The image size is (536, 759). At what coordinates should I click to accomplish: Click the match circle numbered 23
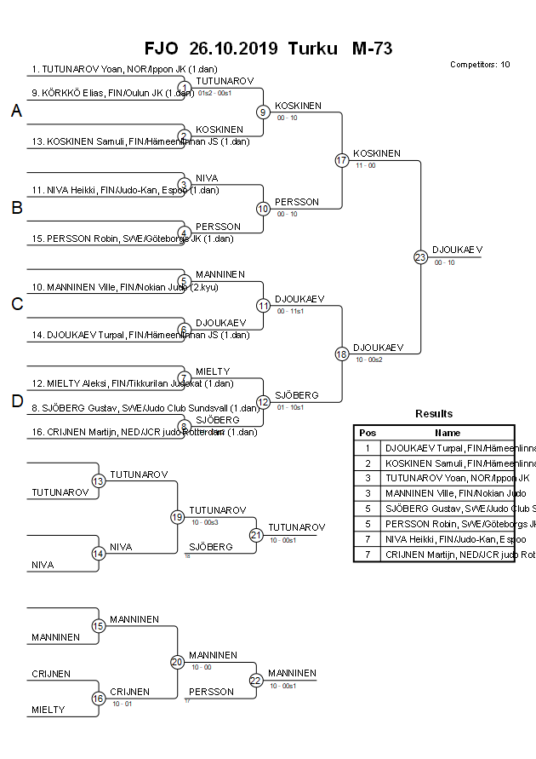(420, 256)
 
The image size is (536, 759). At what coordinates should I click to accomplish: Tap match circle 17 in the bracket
(342, 160)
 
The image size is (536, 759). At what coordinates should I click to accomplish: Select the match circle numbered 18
(342, 354)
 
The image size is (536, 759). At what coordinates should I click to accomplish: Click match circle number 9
(264, 112)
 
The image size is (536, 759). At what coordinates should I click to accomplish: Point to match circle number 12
(264, 401)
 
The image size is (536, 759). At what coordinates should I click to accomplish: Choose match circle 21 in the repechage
(256, 534)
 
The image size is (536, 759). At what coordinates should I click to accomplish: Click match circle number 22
(256, 680)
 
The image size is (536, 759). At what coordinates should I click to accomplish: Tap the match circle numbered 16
(99, 699)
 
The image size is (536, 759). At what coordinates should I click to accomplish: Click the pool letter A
(16, 112)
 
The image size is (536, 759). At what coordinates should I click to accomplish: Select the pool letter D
(16, 401)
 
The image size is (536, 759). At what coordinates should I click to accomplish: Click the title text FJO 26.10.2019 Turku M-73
(269, 49)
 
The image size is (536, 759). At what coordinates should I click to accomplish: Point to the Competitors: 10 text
(480, 65)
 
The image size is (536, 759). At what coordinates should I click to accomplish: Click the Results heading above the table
(434, 414)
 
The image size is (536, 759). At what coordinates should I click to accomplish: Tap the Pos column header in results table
(368, 432)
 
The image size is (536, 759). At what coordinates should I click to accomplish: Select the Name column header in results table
(448, 432)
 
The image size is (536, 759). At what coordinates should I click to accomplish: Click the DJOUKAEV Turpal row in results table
(448, 447)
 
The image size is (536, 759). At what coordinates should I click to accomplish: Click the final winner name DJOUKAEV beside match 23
(457, 250)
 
